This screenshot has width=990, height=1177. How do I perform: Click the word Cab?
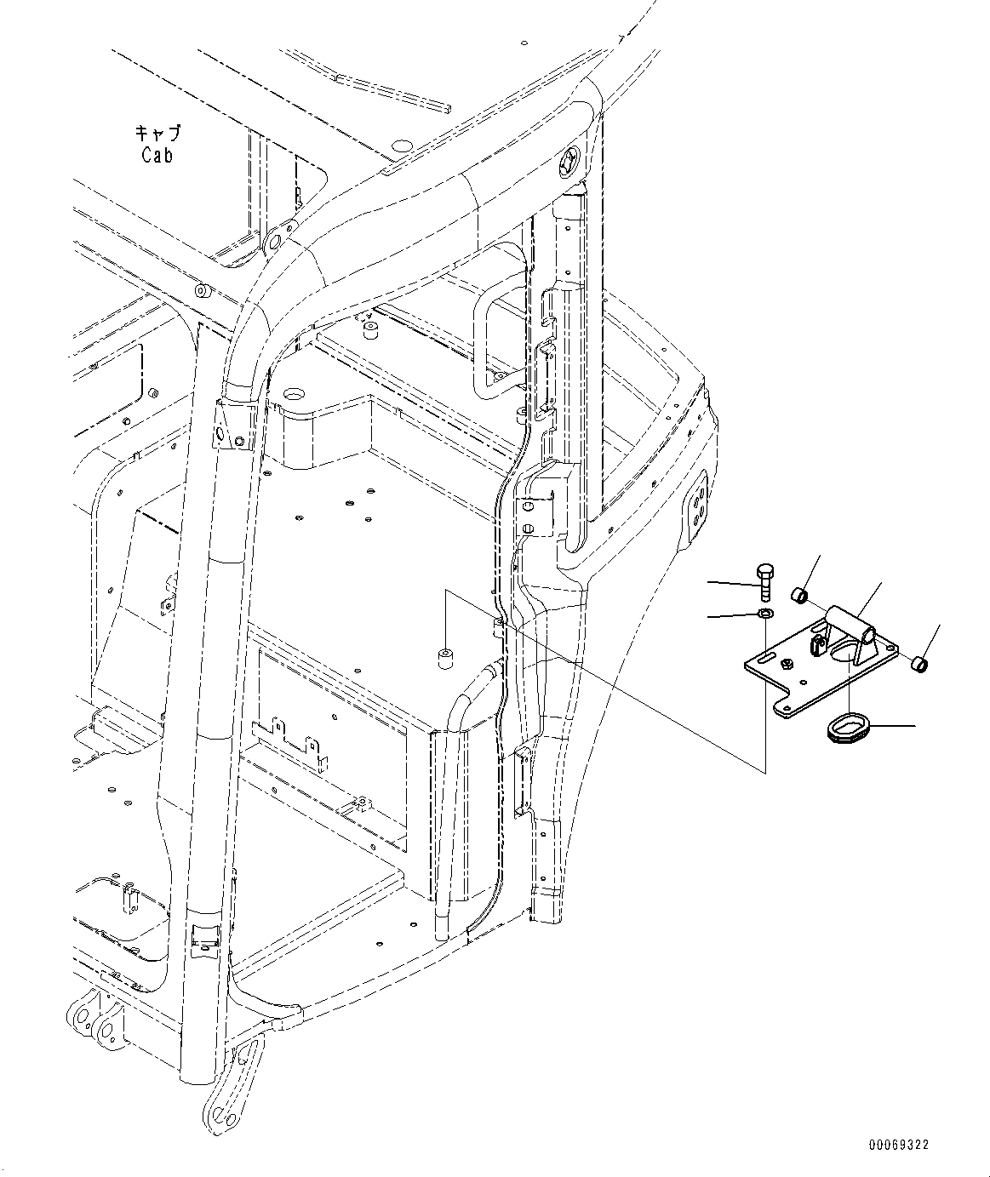[157, 155]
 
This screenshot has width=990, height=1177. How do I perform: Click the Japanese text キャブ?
[157, 134]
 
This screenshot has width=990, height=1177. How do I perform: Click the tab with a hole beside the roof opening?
[276, 241]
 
